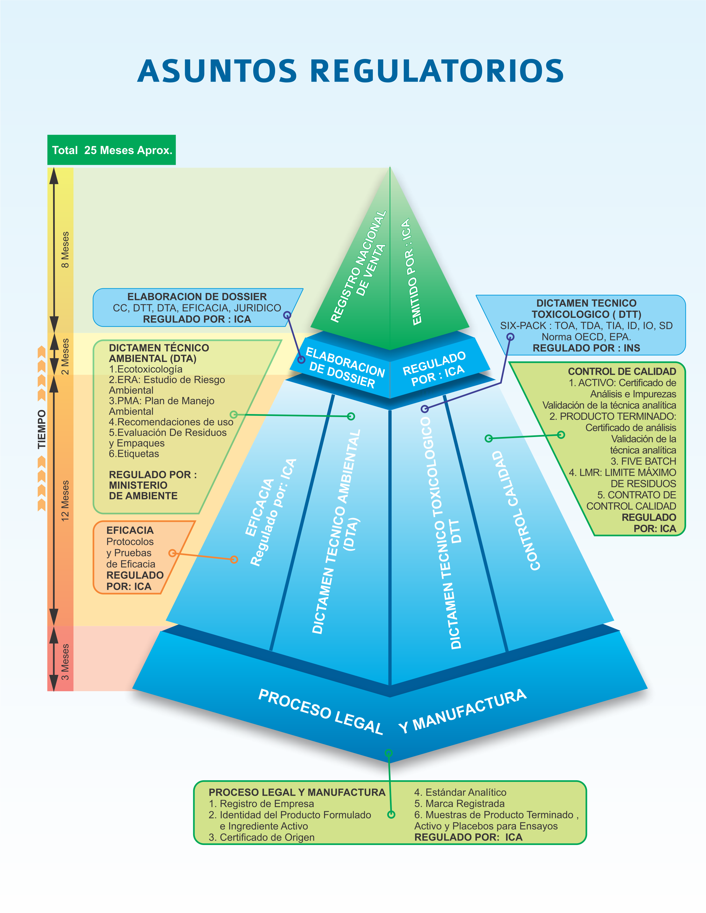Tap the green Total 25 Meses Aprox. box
pyautogui.click(x=112, y=150)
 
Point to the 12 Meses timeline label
pyautogui.click(x=65, y=500)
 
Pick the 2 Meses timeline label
pyautogui.click(x=65, y=357)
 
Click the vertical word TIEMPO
pyautogui.click(x=42, y=429)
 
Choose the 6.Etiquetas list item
pyautogui.click(x=134, y=454)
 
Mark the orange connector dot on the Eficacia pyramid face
pyautogui.click(x=234, y=559)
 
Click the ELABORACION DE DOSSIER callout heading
pyautogui.click(x=197, y=297)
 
